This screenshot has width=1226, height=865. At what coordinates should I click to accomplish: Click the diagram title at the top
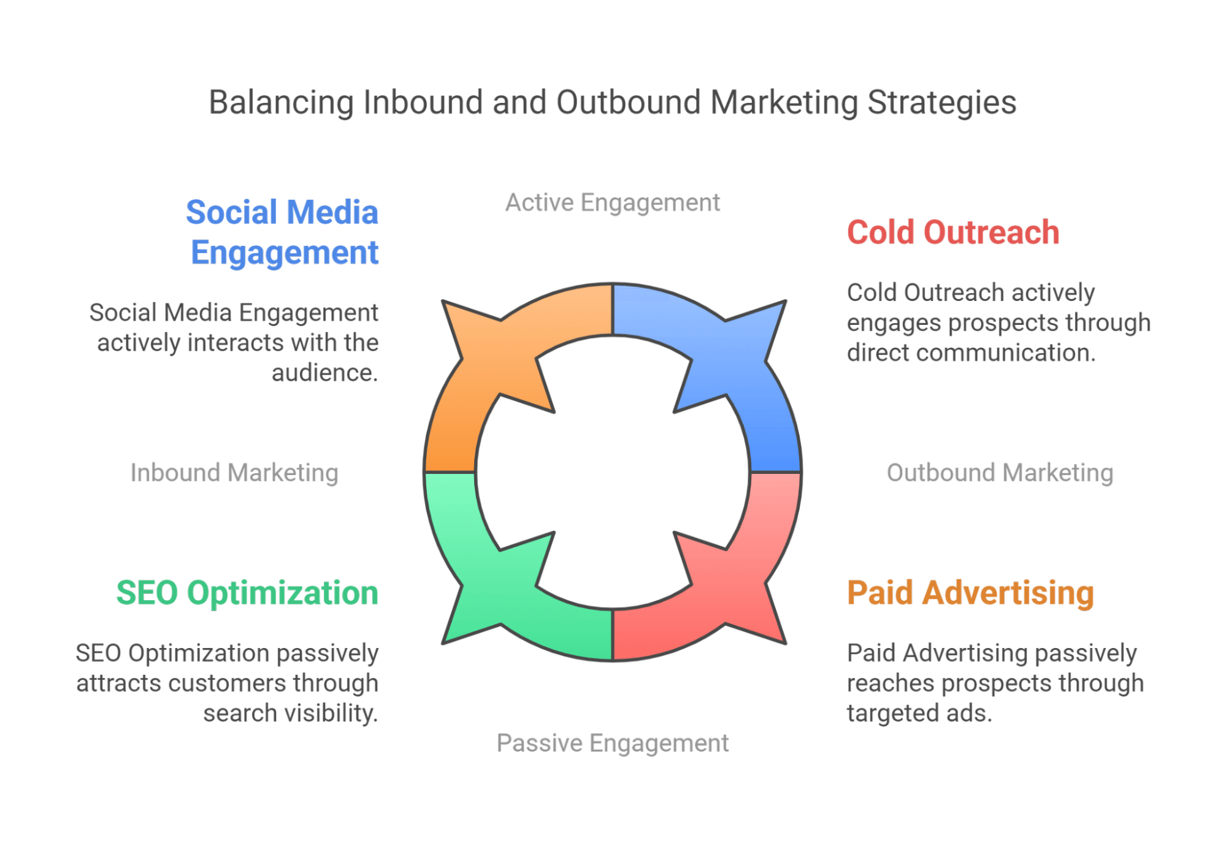point(612,102)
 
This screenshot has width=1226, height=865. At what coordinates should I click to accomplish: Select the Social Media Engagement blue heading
point(283,232)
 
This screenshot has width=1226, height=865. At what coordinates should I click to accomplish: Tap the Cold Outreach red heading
point(953,233)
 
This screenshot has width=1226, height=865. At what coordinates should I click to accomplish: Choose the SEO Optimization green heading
point(247,593)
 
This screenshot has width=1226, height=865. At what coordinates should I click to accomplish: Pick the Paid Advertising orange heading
point(970,593)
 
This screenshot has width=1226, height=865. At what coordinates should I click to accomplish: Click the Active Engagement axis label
point(612,203)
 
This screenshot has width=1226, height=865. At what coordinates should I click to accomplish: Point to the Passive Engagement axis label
point(612,743)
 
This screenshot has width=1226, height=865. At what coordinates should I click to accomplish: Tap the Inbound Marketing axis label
point(234,473)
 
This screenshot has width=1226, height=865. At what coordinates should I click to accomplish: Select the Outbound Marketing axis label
point(1000,473)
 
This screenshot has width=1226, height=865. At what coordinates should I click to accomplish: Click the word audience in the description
point(324,373)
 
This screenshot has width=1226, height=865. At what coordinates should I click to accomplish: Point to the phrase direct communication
point(971,353)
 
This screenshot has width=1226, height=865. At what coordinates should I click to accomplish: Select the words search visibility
point(290,714)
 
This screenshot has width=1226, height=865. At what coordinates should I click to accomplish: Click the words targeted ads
point(919,714)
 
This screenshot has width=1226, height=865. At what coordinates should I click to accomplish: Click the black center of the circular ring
point(612,473)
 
